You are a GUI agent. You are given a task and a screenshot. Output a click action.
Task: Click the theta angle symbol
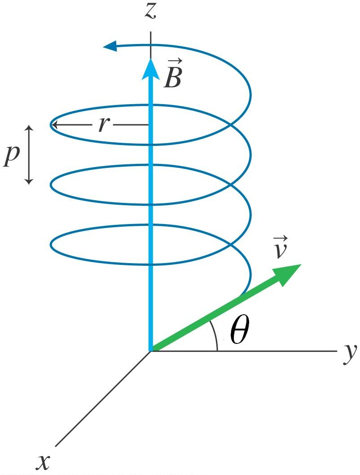pyautogui.click(x=238, y=333)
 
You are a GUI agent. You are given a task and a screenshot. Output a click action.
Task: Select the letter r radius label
pyautogui.click(x=103, y=125)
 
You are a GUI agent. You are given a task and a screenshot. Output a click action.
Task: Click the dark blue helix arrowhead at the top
pyautogui.click(x=110, y=45)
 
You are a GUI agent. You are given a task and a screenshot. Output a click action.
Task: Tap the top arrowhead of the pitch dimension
pyautogui.click(x=29, y=128)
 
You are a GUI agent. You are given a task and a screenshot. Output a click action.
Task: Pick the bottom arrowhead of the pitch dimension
pyautogui.click(x=29, y=181)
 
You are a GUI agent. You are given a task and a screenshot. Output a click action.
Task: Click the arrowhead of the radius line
pyautogui.click(x=55, y=125)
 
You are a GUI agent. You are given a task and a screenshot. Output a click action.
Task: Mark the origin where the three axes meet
pyautogui.click(x=150, y=351)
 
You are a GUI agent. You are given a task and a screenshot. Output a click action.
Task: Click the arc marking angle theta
pyautogui.click(x=215, y=337)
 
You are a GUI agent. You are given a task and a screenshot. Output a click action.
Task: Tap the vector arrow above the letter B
pyautogui.click(x=173, y=61)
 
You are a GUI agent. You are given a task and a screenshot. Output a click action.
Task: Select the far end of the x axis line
pyautogui.click(x=56, y=445)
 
